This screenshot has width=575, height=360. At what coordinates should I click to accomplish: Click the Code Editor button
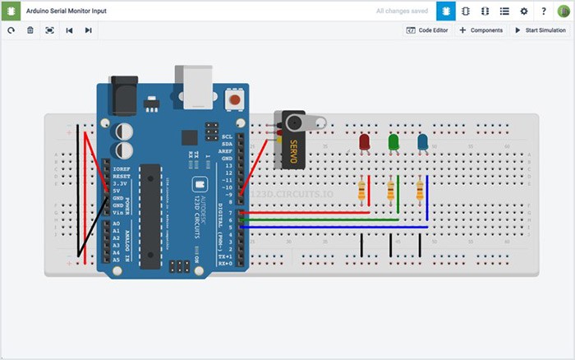click(x=427, y=30)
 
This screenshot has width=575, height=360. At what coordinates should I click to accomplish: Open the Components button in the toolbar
click(x=481, y=30)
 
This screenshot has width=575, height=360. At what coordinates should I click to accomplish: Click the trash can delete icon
click(x=30, y=30)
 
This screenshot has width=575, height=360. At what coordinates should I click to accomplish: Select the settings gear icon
click(x=524, y=12)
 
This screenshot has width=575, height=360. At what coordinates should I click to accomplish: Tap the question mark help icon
click(x=544, y=12)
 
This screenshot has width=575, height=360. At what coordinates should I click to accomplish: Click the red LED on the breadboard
click(x=365, y=143)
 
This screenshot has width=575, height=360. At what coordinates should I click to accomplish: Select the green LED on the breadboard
click(x=393, y=143)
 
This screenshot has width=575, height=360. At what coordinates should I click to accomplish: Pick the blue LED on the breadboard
click(x=422, y=143)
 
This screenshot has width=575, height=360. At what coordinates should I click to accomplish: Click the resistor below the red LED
click(x=362, y=192)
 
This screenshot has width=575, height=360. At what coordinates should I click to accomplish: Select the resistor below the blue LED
click(x=420, y=191)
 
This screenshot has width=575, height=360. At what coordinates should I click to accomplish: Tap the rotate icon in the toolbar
click(x=11, y=30)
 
